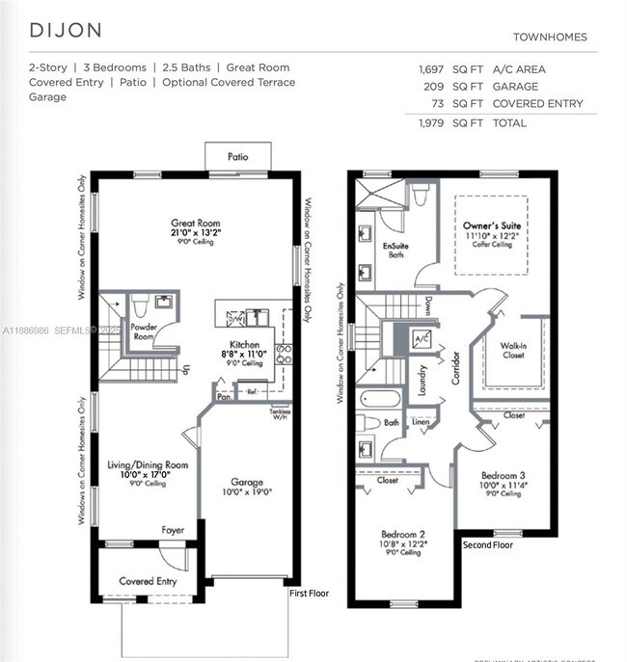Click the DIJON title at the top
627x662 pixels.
click(66, 29)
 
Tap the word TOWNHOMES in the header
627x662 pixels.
click(549, 38)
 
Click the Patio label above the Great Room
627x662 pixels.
click(237, 156)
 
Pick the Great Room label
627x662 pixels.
click(196, 223)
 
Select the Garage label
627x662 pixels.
click(247, 482)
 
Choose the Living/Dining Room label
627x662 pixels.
click(148, 464)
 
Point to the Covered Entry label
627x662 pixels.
click(148, 581)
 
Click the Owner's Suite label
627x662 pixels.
click(491, 225)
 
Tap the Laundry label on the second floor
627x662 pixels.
click(423, 379)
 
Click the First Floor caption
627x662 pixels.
click(309, 594)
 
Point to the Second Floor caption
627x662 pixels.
click(487, 544)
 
